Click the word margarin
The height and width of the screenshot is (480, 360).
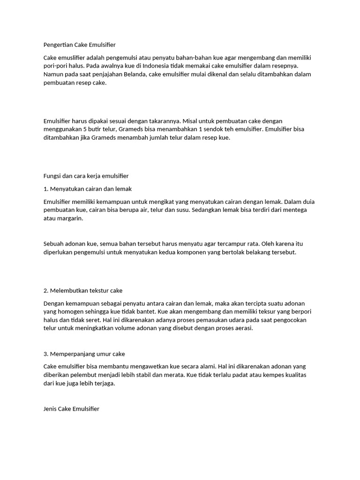70,218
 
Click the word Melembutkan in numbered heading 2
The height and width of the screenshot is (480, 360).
70,291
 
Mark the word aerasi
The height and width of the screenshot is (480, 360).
243,328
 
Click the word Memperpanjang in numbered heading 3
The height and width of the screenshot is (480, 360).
73,354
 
